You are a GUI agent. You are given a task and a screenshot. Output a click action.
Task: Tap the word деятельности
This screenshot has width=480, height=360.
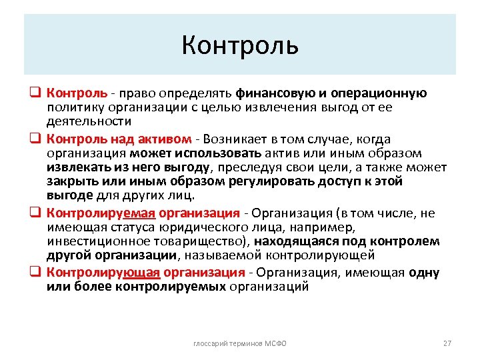click(89, 121)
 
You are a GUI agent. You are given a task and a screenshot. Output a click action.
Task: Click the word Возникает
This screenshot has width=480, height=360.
click(234, 139)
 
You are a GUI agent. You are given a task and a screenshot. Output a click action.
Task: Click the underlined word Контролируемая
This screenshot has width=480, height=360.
click(101, 213)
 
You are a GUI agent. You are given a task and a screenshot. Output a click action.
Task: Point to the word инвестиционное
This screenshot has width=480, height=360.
click(99, 241)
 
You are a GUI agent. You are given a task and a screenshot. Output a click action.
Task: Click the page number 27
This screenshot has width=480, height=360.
click(447, 343)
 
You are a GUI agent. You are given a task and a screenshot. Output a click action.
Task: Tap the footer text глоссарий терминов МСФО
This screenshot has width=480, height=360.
click(239, 343)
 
